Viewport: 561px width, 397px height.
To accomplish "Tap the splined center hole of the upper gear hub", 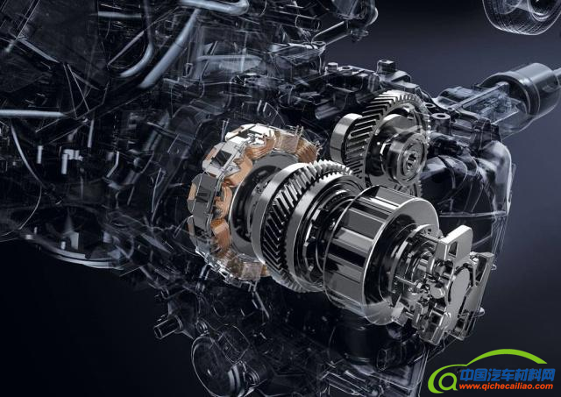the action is tap(408, 162).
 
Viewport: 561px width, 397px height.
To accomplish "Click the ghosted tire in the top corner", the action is tap(522, 15).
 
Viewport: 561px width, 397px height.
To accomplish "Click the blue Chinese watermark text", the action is tap(507, 375).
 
